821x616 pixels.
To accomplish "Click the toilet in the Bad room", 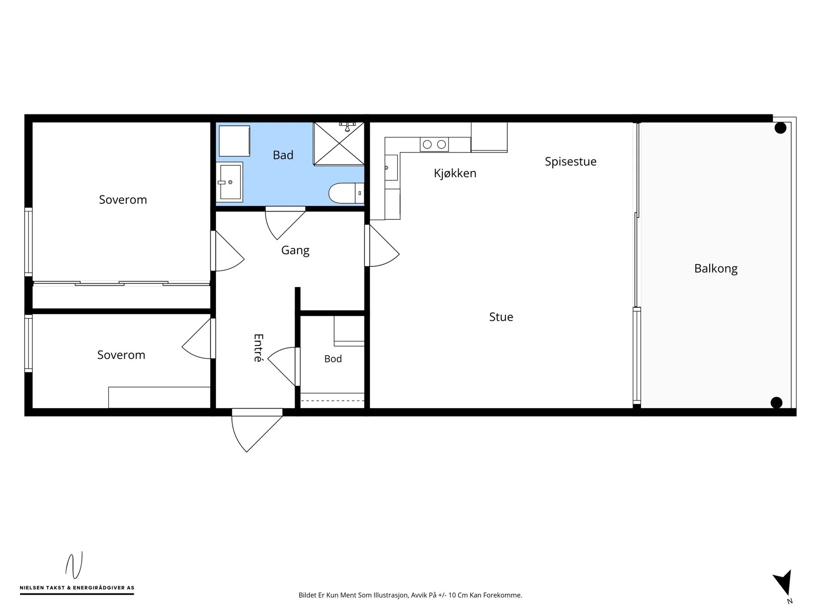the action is point(346,193).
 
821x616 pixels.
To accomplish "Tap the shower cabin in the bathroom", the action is point(339,143).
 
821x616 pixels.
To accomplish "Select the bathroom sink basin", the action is point(230,182).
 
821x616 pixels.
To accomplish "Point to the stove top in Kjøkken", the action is point(434,144).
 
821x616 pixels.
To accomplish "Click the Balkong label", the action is point(715,268).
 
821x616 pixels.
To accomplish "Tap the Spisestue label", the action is point(571,162).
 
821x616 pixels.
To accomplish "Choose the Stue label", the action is point(501,317).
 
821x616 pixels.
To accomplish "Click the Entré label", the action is point(259,348).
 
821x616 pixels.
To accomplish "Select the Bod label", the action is point(333,359).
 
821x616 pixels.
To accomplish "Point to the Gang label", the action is point(295,250).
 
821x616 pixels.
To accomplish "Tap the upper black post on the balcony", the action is point(780,128).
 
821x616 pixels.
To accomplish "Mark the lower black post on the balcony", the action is point(776,402).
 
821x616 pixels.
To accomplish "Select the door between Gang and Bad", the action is point(285,223).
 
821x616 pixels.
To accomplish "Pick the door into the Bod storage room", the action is point(284,367).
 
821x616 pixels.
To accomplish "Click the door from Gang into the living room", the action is point(382,245).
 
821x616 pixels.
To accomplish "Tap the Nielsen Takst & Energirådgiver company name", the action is point(77,588).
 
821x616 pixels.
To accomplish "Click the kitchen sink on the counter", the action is point(391,167).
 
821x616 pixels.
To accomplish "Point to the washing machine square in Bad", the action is point(234,141).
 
